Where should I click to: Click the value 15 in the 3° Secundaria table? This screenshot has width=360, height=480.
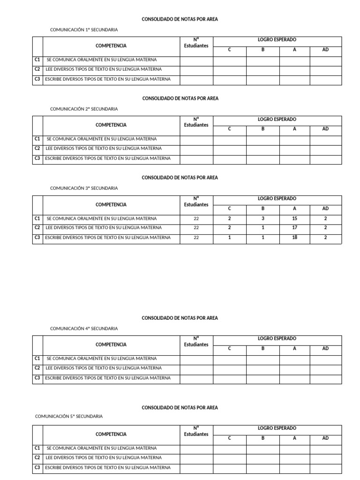click(294, 218)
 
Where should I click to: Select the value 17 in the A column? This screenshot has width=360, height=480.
click(294, 228)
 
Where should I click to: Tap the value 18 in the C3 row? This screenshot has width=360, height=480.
click(294, 238)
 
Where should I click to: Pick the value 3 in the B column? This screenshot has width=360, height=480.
click(263, 218)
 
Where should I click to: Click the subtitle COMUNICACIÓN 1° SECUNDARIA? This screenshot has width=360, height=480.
click(84, 30)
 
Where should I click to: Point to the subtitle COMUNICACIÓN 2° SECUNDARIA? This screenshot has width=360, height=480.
click(84, 109)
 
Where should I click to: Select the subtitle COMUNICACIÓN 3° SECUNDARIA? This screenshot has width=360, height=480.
click(84, 188)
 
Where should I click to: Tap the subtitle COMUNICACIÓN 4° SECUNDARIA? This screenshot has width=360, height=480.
click(84, 329)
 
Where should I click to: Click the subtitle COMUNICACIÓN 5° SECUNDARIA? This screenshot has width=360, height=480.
click(69, 416)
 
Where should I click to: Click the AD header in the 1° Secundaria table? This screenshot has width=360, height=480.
click(325, 50)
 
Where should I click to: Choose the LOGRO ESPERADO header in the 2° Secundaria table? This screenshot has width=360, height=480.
click(277, 120)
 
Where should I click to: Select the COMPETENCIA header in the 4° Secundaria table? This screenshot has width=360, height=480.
click(111, 345)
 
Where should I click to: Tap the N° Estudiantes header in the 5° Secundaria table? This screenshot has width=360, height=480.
click(196, 431)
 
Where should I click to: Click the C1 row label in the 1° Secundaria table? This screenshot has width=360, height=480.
click(37, 60)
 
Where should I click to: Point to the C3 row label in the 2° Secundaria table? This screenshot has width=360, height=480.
click(37, 158)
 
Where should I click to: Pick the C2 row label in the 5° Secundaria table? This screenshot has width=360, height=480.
click(37, 457)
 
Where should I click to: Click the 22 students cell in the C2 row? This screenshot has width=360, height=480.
click(196, 228)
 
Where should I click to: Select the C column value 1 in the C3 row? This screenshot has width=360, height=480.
click(229, 238)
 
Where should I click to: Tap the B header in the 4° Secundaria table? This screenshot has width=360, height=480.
click(263, 349)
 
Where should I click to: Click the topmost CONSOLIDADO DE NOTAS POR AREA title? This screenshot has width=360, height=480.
click(180, 20)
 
